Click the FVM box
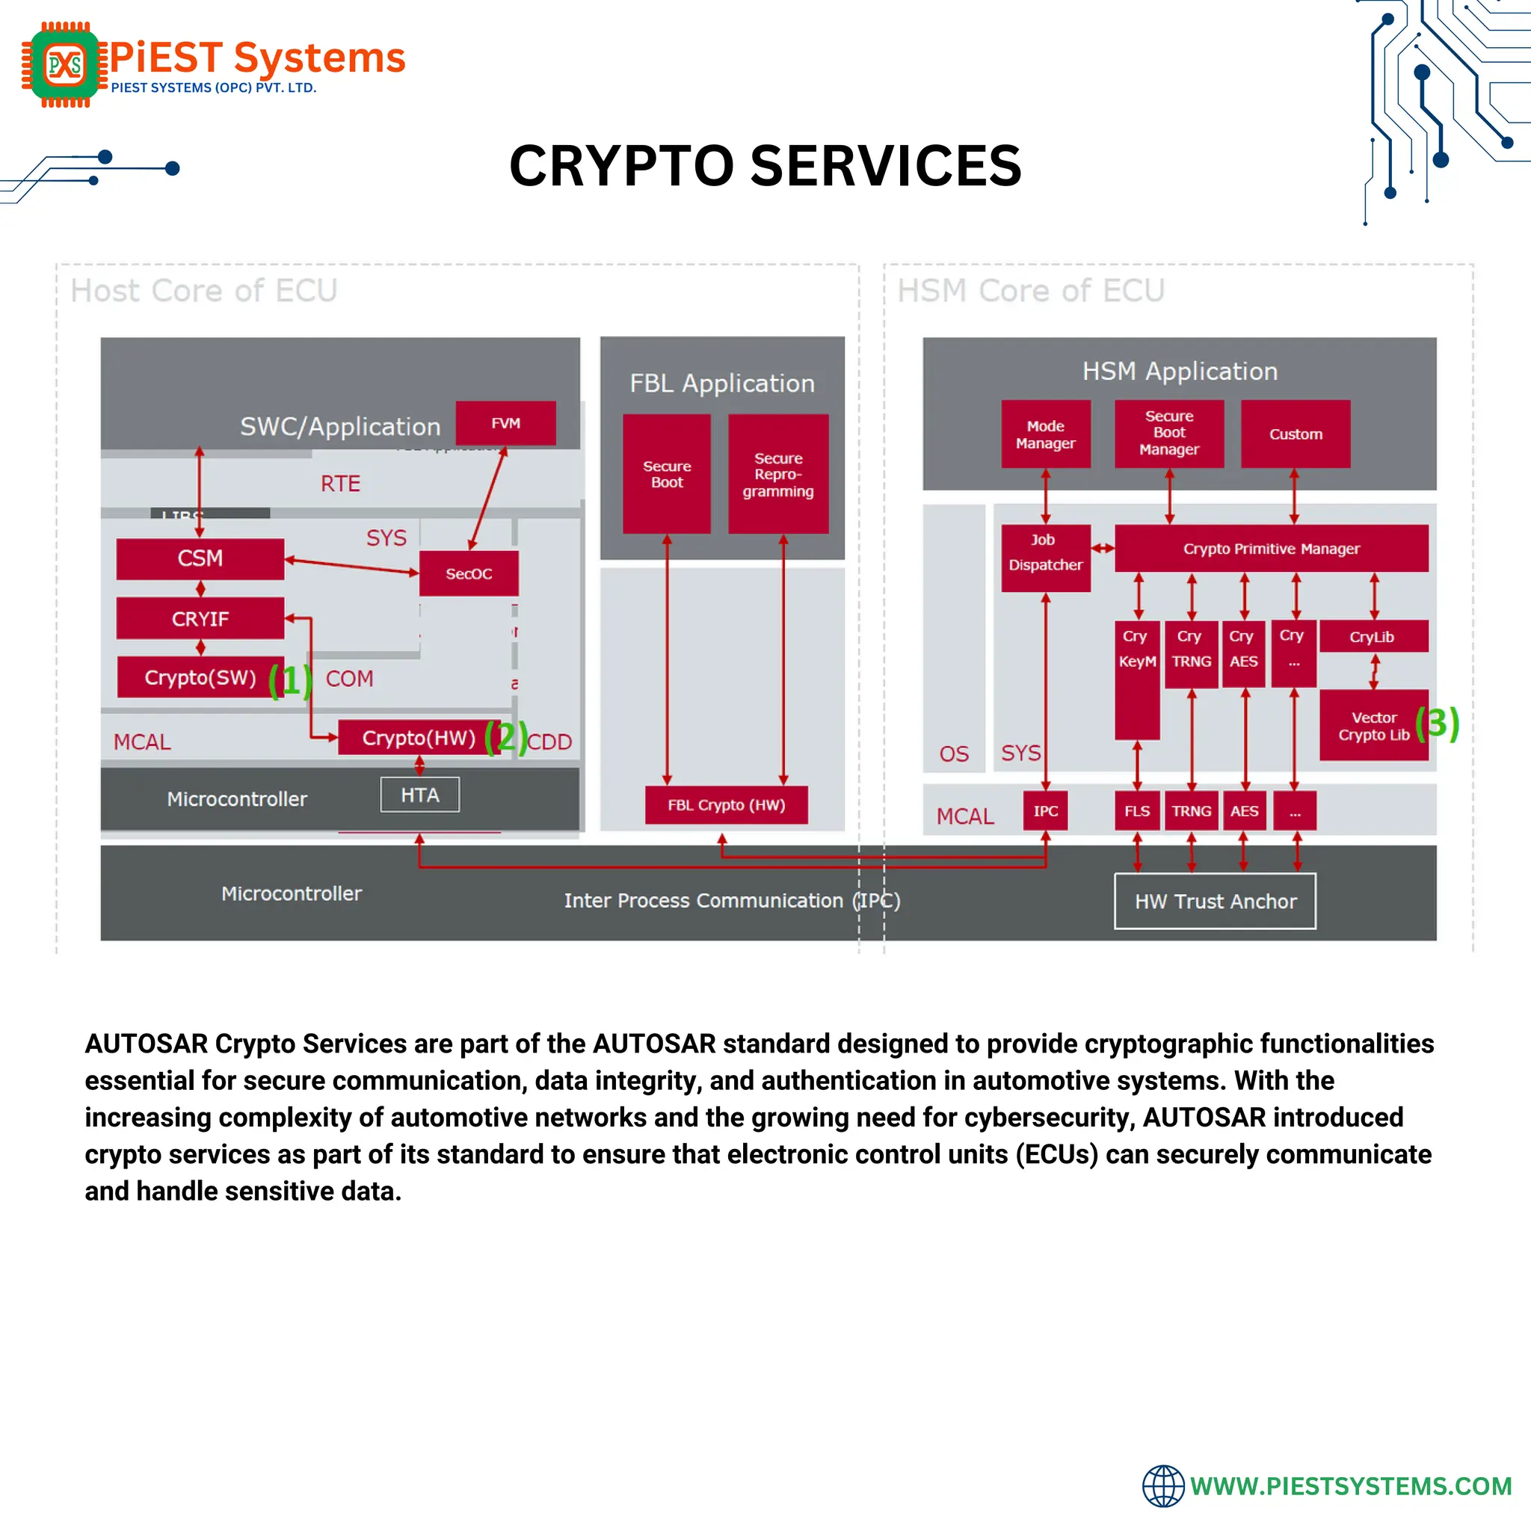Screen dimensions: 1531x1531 click(505, 423)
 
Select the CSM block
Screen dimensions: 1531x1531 click(200, 558)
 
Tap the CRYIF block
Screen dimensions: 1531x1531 click(200, 619)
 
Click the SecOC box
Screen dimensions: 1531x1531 click(468, 573)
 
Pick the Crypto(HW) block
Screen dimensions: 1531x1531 click(418, 738)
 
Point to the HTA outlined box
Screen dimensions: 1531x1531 click(419, 795)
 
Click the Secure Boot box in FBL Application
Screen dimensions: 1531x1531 click(666, 474)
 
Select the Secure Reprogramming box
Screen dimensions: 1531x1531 click(778, 474)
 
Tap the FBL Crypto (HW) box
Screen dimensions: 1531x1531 click(726, 805)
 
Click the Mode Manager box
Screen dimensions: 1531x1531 click(1045, 434)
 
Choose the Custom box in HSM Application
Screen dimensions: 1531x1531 click(1296, 434)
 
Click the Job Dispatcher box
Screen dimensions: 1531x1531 click(1045, 558)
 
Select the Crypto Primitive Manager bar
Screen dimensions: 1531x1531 click(1271, 549)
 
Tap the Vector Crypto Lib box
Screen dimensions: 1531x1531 click(1373, 726)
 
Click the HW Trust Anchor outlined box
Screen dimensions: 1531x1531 click(1215, 901)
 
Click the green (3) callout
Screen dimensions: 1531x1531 click(1437, 723)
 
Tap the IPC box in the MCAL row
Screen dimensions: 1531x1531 click(1045, 810)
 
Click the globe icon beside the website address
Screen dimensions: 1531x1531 click(1162, 1486)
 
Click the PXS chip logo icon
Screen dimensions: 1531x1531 click(64, 64)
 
